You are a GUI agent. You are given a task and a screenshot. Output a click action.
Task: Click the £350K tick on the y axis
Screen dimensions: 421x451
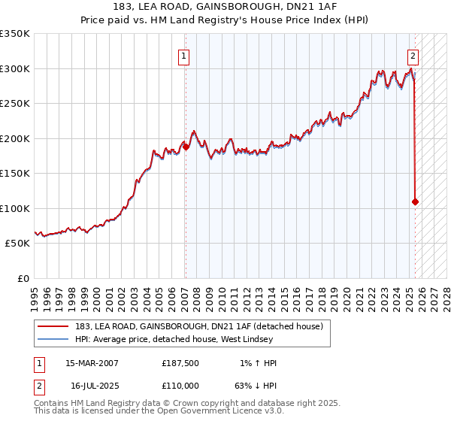click(15, 34)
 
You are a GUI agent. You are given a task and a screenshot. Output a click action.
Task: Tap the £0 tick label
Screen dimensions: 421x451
click(23, 278)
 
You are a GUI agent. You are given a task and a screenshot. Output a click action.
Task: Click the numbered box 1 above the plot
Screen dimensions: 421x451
click(184, 55)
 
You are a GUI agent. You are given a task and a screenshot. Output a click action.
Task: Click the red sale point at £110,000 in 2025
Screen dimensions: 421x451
click(415, 201)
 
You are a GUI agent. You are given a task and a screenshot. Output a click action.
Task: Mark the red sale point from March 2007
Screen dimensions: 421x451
click(186, 147)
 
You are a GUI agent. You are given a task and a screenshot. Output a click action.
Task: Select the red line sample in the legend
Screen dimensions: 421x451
click(55, 326)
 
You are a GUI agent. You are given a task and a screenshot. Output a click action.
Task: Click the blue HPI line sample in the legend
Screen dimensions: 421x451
click(55, 338)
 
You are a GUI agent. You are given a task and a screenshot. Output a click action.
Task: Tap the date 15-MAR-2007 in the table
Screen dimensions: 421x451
click(92, 363)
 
